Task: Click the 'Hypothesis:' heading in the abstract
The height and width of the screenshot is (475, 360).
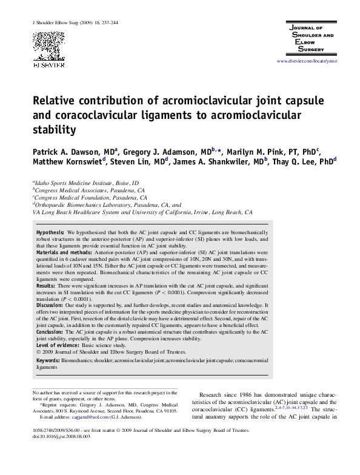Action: [50, 232]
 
